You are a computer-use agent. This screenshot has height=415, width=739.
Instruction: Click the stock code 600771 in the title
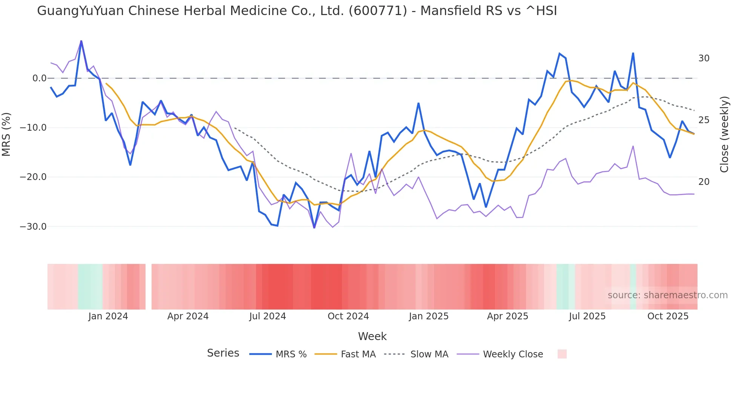pyautogui.click(x=378, y=11)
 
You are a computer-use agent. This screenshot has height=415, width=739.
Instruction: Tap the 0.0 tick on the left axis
pyautogui.click(x=39, y=78)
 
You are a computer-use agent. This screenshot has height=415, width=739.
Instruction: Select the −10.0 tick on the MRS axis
pyautogui.click(x=33, y=128)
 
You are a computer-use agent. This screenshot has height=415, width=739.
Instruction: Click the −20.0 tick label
pyautogui.click(x=33, y=177)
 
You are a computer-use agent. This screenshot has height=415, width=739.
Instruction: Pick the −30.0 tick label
pyautogui.click(x=33, y=227)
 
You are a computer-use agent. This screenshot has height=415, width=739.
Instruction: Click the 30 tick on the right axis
pyautogui.click(x=704, y=58)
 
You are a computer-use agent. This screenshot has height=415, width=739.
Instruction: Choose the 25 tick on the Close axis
pyautogui.click(x=704, y=120)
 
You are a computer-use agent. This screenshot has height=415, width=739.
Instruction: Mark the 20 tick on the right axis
pyautogui.click(x=704, y=182)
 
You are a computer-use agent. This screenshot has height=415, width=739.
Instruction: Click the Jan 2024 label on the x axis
pyautogui.click(x=108, y=316)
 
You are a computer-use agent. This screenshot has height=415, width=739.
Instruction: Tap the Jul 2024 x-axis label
pyautogui.click(x=268, y=316)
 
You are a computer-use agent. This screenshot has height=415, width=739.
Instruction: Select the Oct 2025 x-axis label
pyautogui.click(x=668, y=316)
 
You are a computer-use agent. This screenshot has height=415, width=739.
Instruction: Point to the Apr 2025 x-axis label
pyautogui.click(x=507, y=316)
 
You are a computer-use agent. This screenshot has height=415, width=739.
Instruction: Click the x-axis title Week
pyautogui.click(x=372, y=336)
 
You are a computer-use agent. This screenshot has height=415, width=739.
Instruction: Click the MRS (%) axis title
pyautogui.click(x=6, y=134)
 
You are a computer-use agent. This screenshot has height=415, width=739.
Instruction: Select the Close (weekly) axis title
pyautogui.click(x=724, y=134)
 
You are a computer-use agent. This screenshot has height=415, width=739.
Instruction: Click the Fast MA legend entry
pyautogui.click(x=358, y=354)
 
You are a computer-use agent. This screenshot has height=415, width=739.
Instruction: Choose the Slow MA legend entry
pyautogui.click(x=429, y=354)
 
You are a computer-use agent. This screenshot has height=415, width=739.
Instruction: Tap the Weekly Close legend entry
pyautogui.click(x=513, y=354)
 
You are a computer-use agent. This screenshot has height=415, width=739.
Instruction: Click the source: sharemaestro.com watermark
pyautogui.click(x=667, y=295)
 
